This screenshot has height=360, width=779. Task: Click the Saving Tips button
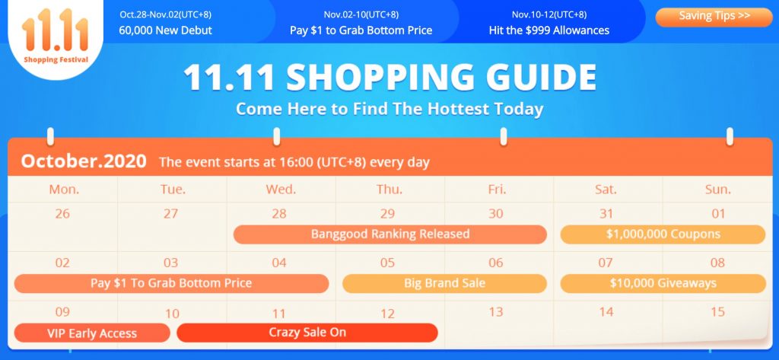tap(714, 17)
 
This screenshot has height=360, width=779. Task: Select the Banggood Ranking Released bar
tap(390, 234)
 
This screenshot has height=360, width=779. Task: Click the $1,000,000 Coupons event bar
tap(663, 234)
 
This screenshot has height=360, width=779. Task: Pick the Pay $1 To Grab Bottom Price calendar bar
tap(171, 283)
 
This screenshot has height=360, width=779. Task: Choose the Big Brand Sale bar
tap(444, 283)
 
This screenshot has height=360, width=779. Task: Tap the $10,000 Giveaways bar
tap(663, 283)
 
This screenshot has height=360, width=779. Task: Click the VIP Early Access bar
tap(92, 333)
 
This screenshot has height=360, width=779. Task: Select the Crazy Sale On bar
tap(307, 333)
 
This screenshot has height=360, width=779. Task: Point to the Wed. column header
tap(281, 190)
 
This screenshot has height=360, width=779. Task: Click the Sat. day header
tap(606, 190)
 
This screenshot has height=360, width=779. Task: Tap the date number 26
tap(62, 214)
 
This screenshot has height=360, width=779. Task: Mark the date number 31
tap(606, 214)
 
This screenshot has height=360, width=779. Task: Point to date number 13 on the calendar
tap(496, 312)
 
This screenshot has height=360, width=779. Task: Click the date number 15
tap(718, 312)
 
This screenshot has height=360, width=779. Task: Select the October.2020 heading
tap(84, 161)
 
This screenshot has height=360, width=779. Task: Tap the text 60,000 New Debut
tap(165, 30)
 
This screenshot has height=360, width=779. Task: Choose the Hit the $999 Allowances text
tap(549, 30)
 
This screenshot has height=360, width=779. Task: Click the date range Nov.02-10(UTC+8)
tap(361, 14)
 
